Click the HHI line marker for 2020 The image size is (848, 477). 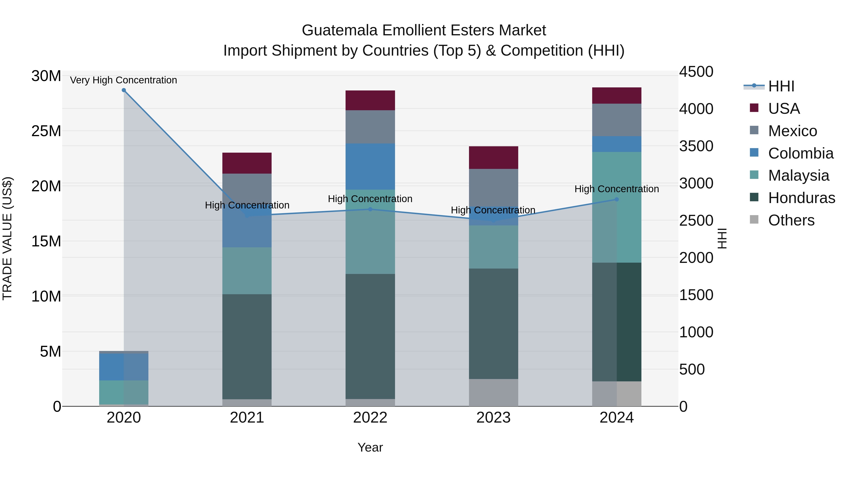click(124, 90)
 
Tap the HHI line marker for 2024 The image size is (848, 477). click(617, 200)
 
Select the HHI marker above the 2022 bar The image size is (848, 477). click(370, 209)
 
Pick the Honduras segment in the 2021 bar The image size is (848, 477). click(247, 347)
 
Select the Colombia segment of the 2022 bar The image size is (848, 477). click(370, 167)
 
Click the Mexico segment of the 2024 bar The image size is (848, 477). click(617, 120)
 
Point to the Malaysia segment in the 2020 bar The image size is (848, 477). click(124, 392)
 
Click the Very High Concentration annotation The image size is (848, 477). click(123, 80)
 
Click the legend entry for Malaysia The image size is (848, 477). click(798, 175)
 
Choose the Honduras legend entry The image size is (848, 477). click(801, 198)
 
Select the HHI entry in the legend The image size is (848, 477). click(781, 86)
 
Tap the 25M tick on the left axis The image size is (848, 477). click(46, 131)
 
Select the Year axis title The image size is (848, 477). click(370, 447)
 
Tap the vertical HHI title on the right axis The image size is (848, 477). click(722, 239)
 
